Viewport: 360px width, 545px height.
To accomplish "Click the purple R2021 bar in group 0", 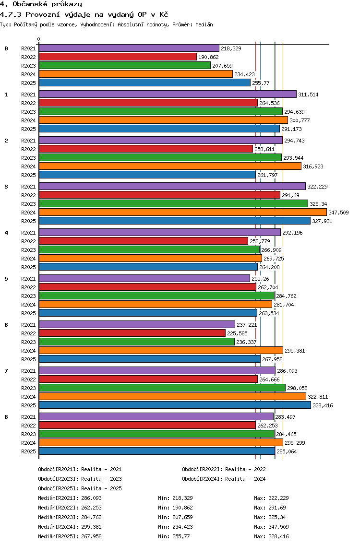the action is (129, 48).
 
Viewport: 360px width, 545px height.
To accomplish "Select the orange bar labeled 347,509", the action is (183, 213).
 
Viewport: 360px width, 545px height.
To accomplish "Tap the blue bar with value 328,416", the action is (175, 405).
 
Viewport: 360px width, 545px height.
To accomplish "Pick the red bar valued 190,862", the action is (118, 57).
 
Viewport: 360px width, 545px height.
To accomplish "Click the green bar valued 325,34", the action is (174, 204).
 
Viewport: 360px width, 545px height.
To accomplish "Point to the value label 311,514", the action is (308, 95).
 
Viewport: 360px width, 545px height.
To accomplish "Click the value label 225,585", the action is (237, 333).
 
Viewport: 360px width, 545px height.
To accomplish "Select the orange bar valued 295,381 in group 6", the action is (161, 350).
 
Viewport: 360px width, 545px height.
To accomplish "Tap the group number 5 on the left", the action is (6, 279).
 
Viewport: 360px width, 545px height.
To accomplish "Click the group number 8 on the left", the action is (6, 417).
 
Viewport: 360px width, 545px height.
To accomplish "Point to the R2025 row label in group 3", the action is (28, 221).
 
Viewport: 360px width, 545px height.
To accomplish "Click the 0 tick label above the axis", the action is (38, 39).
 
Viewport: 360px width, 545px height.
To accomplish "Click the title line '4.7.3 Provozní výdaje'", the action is (84, 14).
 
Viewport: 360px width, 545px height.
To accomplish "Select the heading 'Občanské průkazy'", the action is (48, 4).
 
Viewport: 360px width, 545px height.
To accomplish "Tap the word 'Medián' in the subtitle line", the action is (204, 24).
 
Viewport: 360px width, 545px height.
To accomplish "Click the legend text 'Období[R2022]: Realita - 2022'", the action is (224, 469).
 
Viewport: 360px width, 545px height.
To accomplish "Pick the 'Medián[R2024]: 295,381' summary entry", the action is (70, 527).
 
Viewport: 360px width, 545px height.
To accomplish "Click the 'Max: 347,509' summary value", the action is (271, 527).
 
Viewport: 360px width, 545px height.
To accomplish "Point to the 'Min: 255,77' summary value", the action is (174, 536).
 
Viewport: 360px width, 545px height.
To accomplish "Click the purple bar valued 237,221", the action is (137, 324).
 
